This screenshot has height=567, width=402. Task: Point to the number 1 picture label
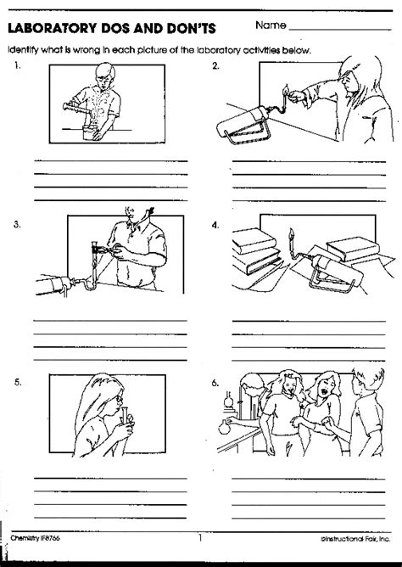pyautogui.click(x=17, y=67)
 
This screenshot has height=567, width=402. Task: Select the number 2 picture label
pyautogui.click(x=216, y=67)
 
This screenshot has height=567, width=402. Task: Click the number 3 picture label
pyautogui.click(x=17, y=225)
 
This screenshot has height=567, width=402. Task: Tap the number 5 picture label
pyautogui.click(x=17, y=382)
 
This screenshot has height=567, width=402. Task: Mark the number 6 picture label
pyautogui.click(x=216, y=382)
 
